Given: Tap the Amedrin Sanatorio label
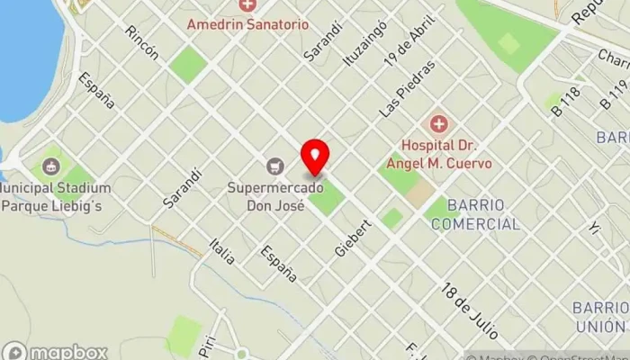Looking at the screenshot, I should (x=247, y=24).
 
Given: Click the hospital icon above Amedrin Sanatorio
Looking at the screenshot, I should (x=247, y=5).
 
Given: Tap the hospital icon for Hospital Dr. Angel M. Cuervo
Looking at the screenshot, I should (x=438, y=123).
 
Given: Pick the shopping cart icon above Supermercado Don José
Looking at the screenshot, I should (x=274, y=166).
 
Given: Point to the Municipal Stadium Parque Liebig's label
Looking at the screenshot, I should (x=56, y=196).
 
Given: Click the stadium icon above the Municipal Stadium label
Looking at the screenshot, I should (x=50, y=166).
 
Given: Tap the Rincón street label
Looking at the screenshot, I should (x=142, y=42).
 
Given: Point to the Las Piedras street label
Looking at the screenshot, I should (x=407, y=88).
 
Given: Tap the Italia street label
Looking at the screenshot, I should (x=221, y=250).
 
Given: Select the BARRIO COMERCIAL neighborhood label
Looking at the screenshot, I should (x=474, y=215).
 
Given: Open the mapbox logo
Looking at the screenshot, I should (x=55, y=351).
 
